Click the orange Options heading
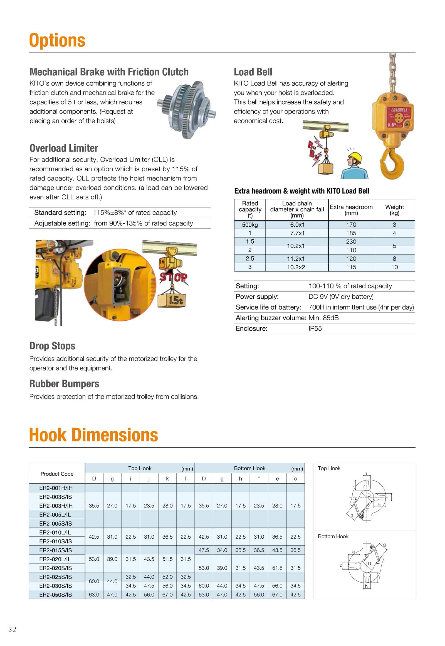[x=57, y=40]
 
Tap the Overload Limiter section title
[x=64, y=148]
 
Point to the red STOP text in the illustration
[x=173, y=277]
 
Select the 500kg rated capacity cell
[x=250, y=225]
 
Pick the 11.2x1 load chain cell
[x=296, y=259]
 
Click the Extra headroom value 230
[x=351, y=242]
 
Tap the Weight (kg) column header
[x=394, y=210]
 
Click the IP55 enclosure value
[x=315, y=328]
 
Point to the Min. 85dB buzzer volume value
[x=323, y=318]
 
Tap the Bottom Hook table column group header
[x=249, y=468]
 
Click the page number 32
[x=12, y=629]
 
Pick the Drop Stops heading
[x=52, y=346]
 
